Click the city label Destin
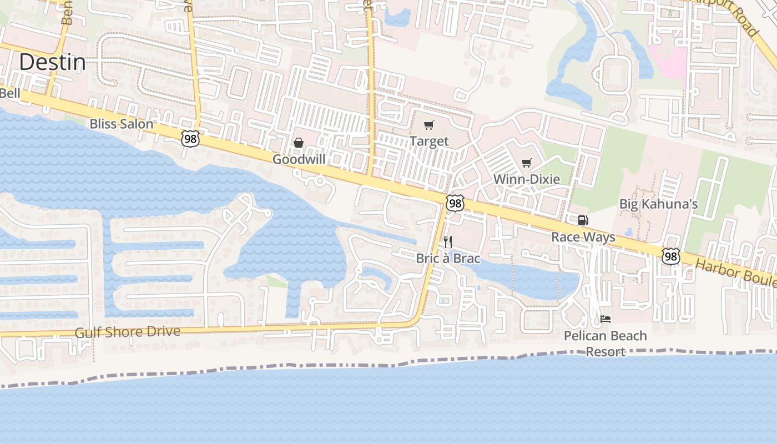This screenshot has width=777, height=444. [53, 62]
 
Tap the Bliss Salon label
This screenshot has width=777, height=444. [121, 124]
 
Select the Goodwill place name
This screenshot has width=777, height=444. [299, 159]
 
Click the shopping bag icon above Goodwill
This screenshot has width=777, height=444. [299, 143]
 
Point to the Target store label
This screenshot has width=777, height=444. [429, 142]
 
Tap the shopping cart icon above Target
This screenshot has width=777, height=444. [428, 125]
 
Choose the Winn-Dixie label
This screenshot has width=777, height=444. [526, 179]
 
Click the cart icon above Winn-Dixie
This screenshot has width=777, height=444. [526, 163]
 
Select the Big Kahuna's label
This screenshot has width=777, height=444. [658, 204]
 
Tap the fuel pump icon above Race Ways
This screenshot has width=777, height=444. [583, 220]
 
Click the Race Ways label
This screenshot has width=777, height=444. [583, 237]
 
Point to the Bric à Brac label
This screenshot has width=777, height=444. [448, 258]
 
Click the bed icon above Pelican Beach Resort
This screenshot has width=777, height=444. [606, 319]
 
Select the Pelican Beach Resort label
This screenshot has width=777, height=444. [606, 344]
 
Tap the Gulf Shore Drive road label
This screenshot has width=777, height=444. [128, 332]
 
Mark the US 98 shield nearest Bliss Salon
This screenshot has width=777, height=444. [190, 139]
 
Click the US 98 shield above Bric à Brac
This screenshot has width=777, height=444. [455, 203]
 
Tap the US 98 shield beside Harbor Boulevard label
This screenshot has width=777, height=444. [671, 256]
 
